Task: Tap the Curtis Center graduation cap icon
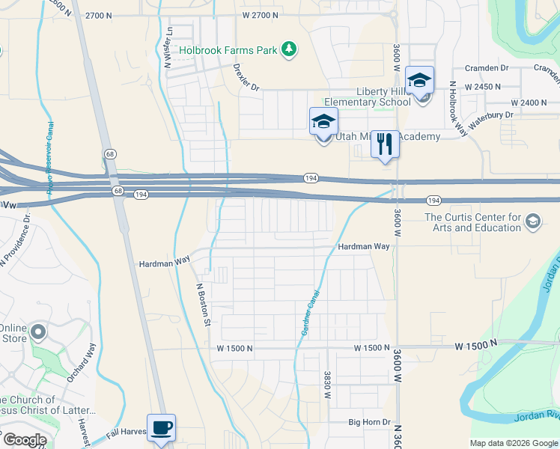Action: pos(532,221)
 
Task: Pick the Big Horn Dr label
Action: pos(370,422)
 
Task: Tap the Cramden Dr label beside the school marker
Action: pos(486,68)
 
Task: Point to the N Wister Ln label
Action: pos(169,47)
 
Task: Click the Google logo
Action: pos(24,440)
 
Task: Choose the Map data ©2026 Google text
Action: pos(513,443)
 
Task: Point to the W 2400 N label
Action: pos(529,102)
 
